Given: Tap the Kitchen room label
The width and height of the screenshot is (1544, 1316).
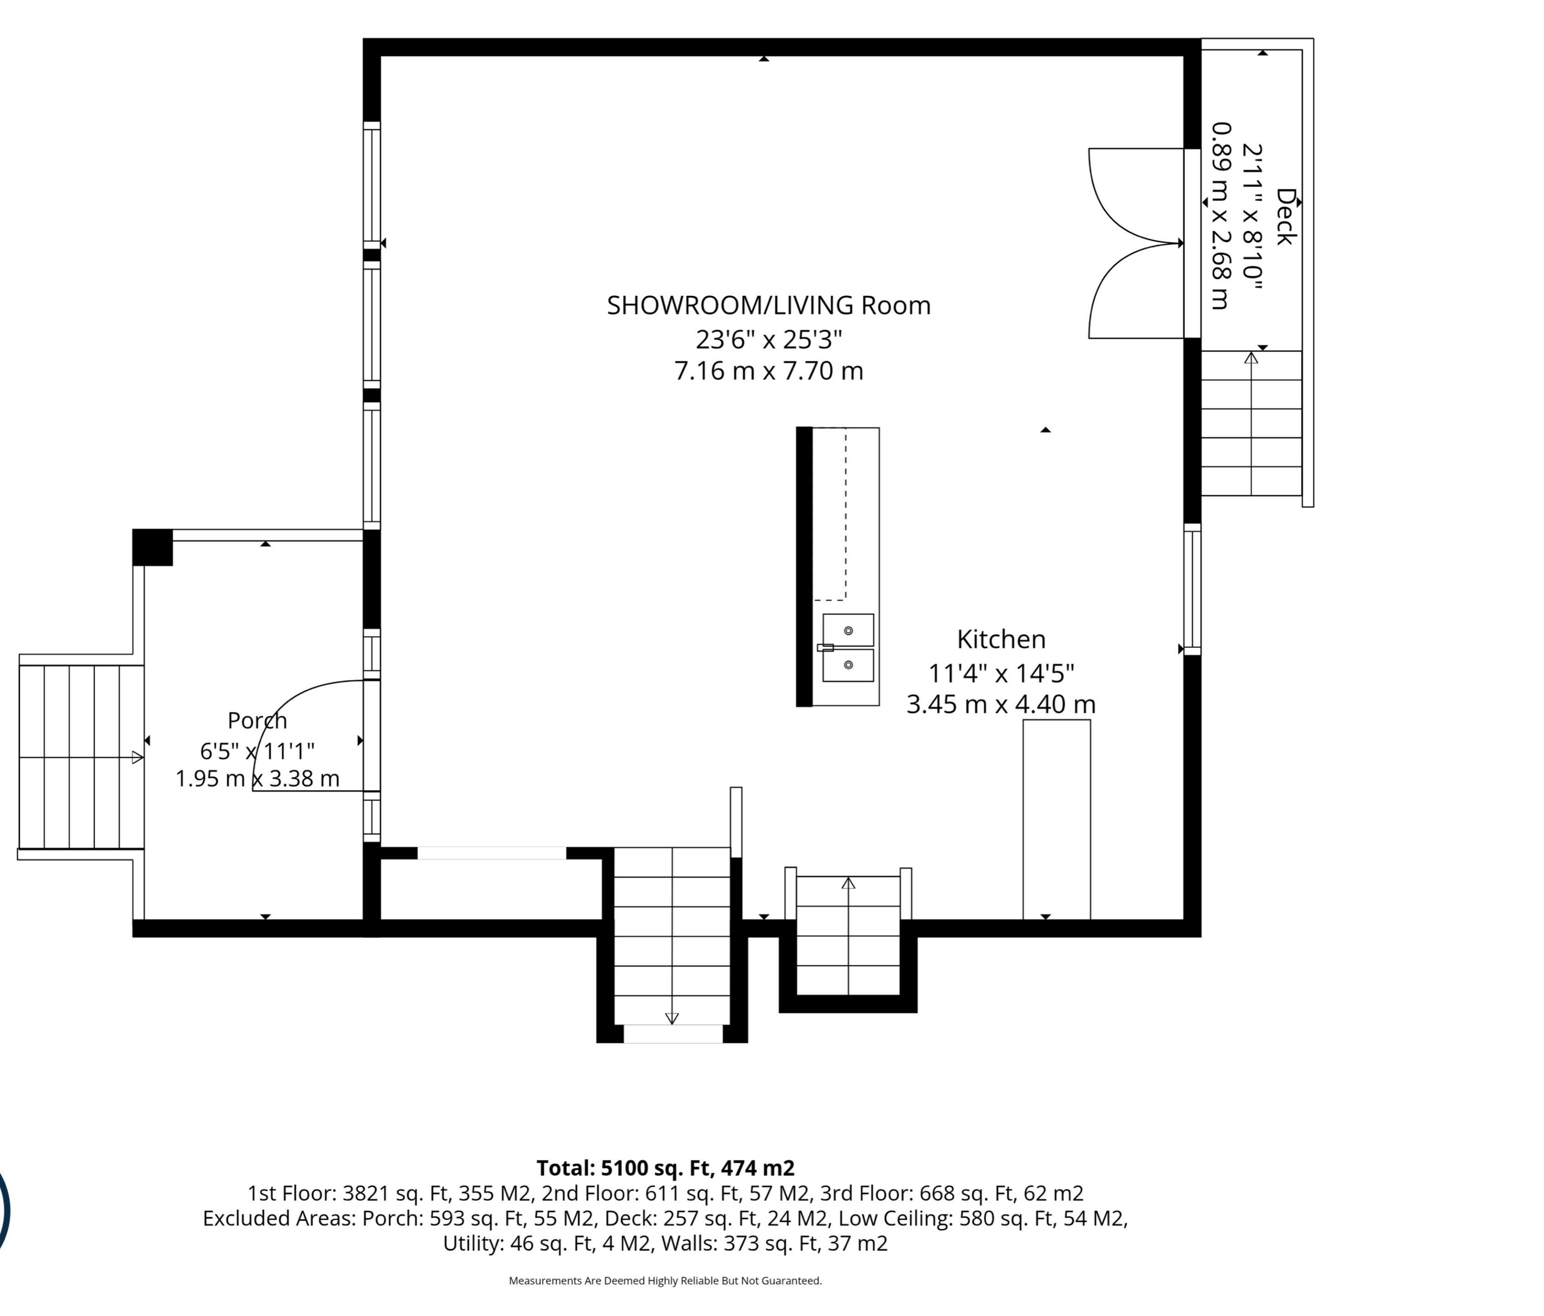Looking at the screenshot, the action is pos(1001,639).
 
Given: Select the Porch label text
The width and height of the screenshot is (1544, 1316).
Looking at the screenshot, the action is pos(257,720).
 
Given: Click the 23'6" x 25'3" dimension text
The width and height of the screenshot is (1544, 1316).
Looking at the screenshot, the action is pos(769,340).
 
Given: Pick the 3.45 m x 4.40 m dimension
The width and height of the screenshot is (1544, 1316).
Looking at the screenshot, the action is pos(1001,704).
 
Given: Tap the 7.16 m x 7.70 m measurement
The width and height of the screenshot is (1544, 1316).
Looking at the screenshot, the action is pos(769,371).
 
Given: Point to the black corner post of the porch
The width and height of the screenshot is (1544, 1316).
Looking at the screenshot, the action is pos(153,548).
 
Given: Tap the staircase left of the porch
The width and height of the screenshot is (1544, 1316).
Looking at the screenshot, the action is pos(81,757).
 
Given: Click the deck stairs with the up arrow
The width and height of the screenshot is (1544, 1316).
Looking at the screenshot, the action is pos(1251,423).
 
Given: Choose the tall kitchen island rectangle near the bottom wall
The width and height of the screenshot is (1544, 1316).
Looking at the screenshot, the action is pos(1057,819).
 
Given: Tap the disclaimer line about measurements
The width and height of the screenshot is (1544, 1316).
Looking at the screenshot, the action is pos(666,1281).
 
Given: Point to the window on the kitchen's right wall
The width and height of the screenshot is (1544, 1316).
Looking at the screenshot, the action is pos(1192,589).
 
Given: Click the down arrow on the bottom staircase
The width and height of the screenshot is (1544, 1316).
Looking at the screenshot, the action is pos(672,1018).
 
